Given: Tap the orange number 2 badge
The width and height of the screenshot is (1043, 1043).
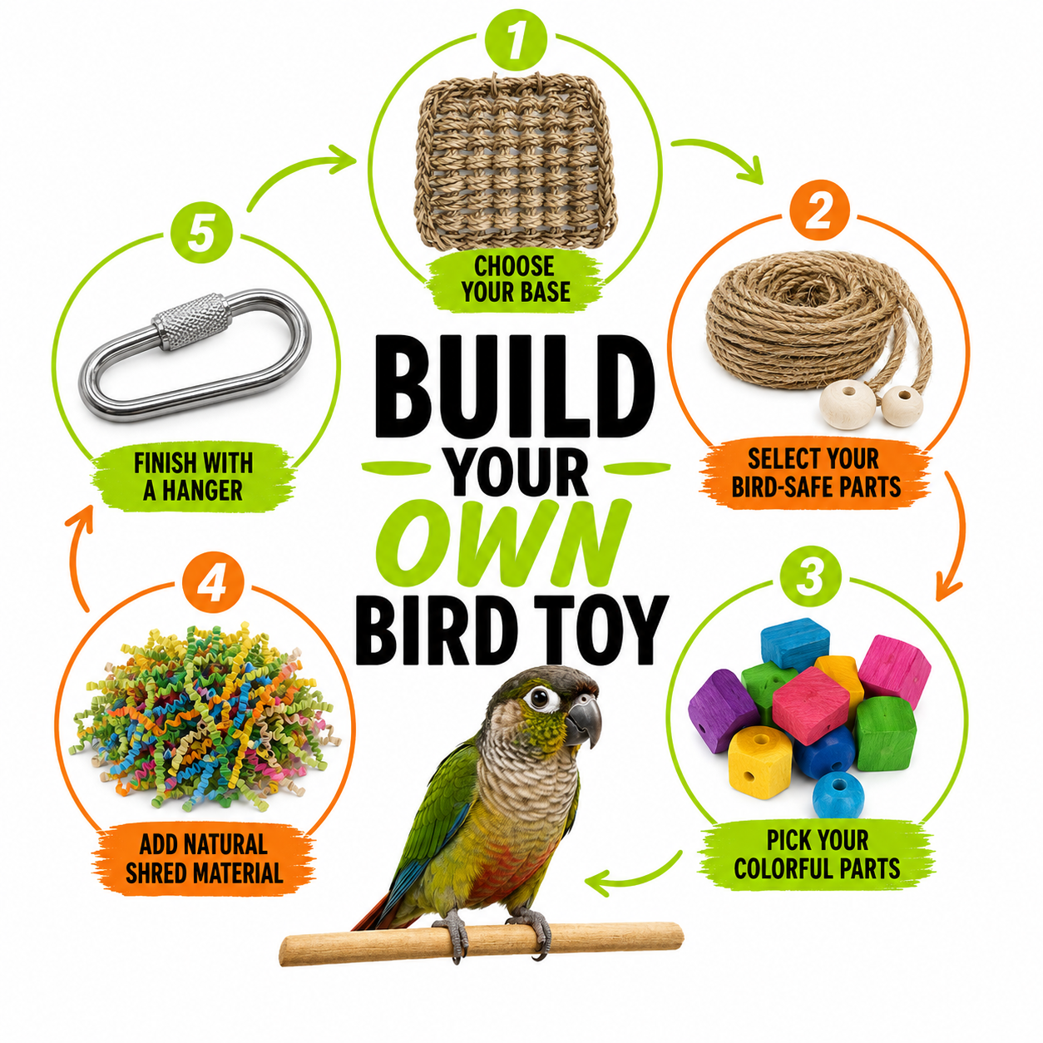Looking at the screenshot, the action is [819, 210].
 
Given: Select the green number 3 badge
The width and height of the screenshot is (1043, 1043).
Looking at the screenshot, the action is [810, 576].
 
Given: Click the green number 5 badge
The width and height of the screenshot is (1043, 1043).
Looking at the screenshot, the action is [201, 232].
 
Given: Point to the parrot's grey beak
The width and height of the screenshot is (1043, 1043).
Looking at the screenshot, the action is [584, 720].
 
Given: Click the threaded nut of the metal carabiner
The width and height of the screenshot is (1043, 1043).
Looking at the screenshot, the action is [190, 322].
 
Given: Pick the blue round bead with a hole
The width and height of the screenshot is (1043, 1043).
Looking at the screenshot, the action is [838, 794].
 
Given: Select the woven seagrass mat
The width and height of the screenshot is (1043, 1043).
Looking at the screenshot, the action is [515, 162].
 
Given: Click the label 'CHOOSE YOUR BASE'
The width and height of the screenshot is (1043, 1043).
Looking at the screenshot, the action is [516, 279].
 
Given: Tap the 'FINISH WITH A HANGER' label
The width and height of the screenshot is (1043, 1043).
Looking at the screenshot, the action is [193, 477].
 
